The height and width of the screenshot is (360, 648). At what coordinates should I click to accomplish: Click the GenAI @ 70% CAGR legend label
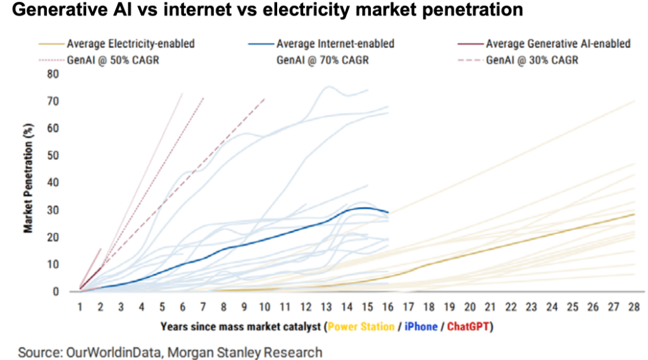[323, 61]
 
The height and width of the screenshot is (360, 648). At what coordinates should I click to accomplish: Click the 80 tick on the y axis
[52, 74]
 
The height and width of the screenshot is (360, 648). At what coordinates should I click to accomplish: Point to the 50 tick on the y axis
[52, 156]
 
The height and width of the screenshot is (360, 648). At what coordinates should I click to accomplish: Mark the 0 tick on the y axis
[55, 292]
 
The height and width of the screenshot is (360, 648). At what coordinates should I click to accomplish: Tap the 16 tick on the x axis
[388, 307]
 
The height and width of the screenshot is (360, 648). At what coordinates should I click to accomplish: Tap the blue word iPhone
[420, 327]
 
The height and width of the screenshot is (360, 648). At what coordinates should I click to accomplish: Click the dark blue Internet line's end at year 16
[388, 212]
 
